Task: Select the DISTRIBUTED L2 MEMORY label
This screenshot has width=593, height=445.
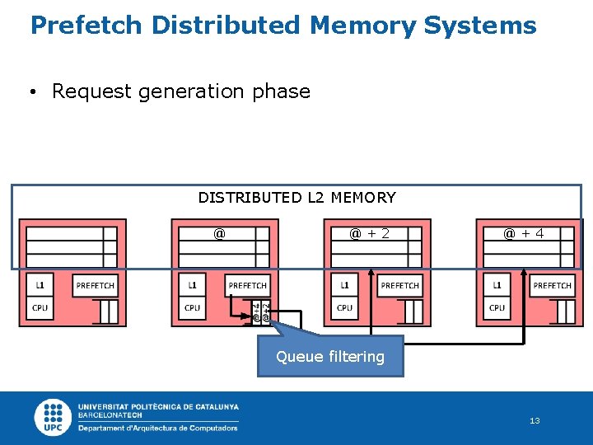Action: [296, 198]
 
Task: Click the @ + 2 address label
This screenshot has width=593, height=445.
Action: [369, 234]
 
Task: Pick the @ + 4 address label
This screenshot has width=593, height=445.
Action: [523, 234]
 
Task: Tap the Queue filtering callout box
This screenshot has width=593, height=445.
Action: [330, 356]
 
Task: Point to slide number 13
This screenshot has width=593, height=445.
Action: [535, 421]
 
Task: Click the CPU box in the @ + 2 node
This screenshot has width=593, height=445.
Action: [345, 308]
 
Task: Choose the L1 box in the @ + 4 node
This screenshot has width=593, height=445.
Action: [497, 285]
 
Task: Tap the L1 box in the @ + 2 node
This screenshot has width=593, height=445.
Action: [345, 285]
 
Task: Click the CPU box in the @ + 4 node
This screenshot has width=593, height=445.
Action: [497, 308]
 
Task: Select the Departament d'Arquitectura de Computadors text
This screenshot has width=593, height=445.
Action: [158, 428]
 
